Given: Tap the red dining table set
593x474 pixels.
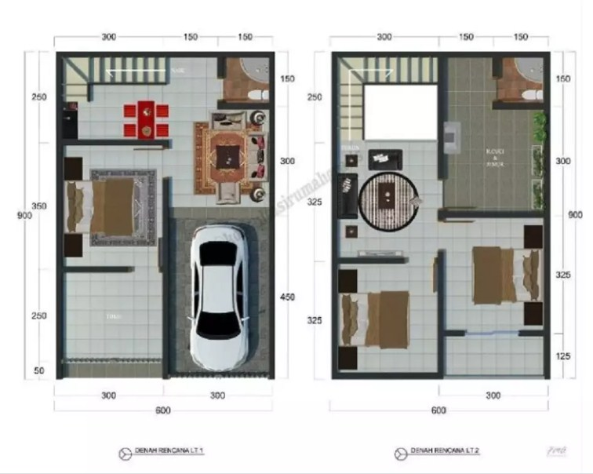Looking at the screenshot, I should [145, 120].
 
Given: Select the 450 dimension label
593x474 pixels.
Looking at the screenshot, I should [288, 297].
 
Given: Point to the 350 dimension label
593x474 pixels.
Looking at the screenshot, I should [38, 206].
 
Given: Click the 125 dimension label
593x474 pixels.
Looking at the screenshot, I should [563, 357].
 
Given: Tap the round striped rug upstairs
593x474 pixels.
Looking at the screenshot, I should [390, 201].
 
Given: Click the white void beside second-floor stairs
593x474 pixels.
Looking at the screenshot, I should [399, 112].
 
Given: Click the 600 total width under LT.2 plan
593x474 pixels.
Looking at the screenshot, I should [439, 410].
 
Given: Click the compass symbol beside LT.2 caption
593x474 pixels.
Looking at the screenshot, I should [402, 453].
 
